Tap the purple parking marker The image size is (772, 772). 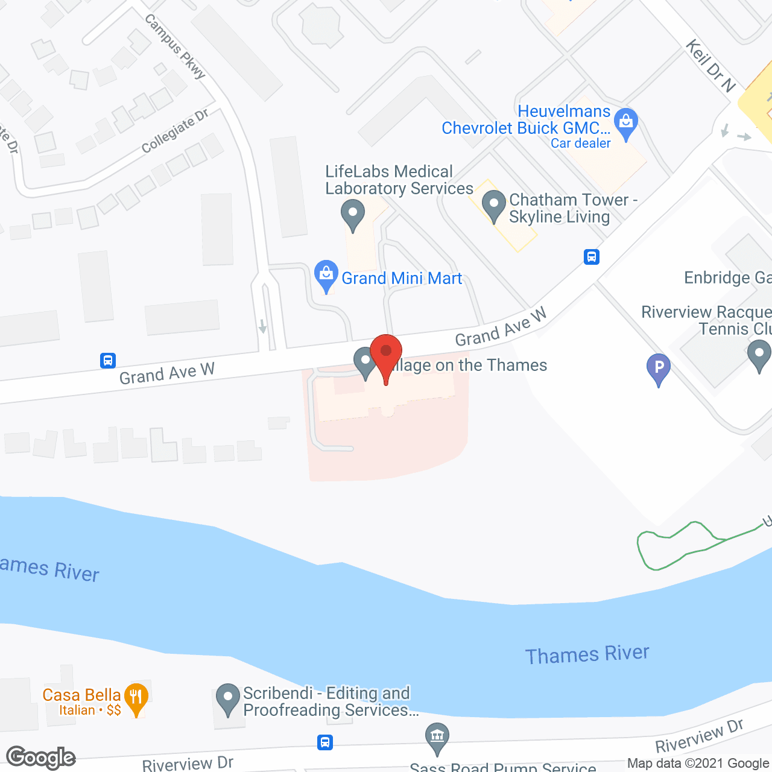pyautogui.click(x=659, y=367)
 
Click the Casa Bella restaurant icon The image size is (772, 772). pyautogui.click(x=136, y=698)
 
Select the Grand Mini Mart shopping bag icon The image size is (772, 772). pyautogui.click(x=326, y=275)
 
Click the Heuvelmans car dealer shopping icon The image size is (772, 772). pyautogui.click(x=626, y=123)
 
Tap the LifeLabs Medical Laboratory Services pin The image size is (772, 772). pyautogui.click(x=353, y=214)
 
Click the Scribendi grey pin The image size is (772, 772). pyautogui.click(x=228, y=698)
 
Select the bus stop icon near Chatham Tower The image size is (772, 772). pyautogui.click(x=591, y=257)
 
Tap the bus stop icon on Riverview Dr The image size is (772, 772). pyautogui.click(x=325, y=742)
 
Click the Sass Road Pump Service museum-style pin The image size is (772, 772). pyautogui.click(x=437, y=738)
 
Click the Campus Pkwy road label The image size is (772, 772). pyautogui.click(x=176, y=46)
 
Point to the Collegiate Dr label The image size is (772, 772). pyautogui.click(x=175, y=131)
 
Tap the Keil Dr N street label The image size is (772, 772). pyautogui.click(x=711, y=66)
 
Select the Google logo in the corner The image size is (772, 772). pyautogui.click(x=41, y=758)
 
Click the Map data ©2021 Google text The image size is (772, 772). pyautogui.click(x=698, y=764)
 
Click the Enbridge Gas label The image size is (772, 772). pyautogui.click(x=727, y=277)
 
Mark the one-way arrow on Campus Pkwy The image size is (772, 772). pyautogui.click(x=262, y=326)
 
